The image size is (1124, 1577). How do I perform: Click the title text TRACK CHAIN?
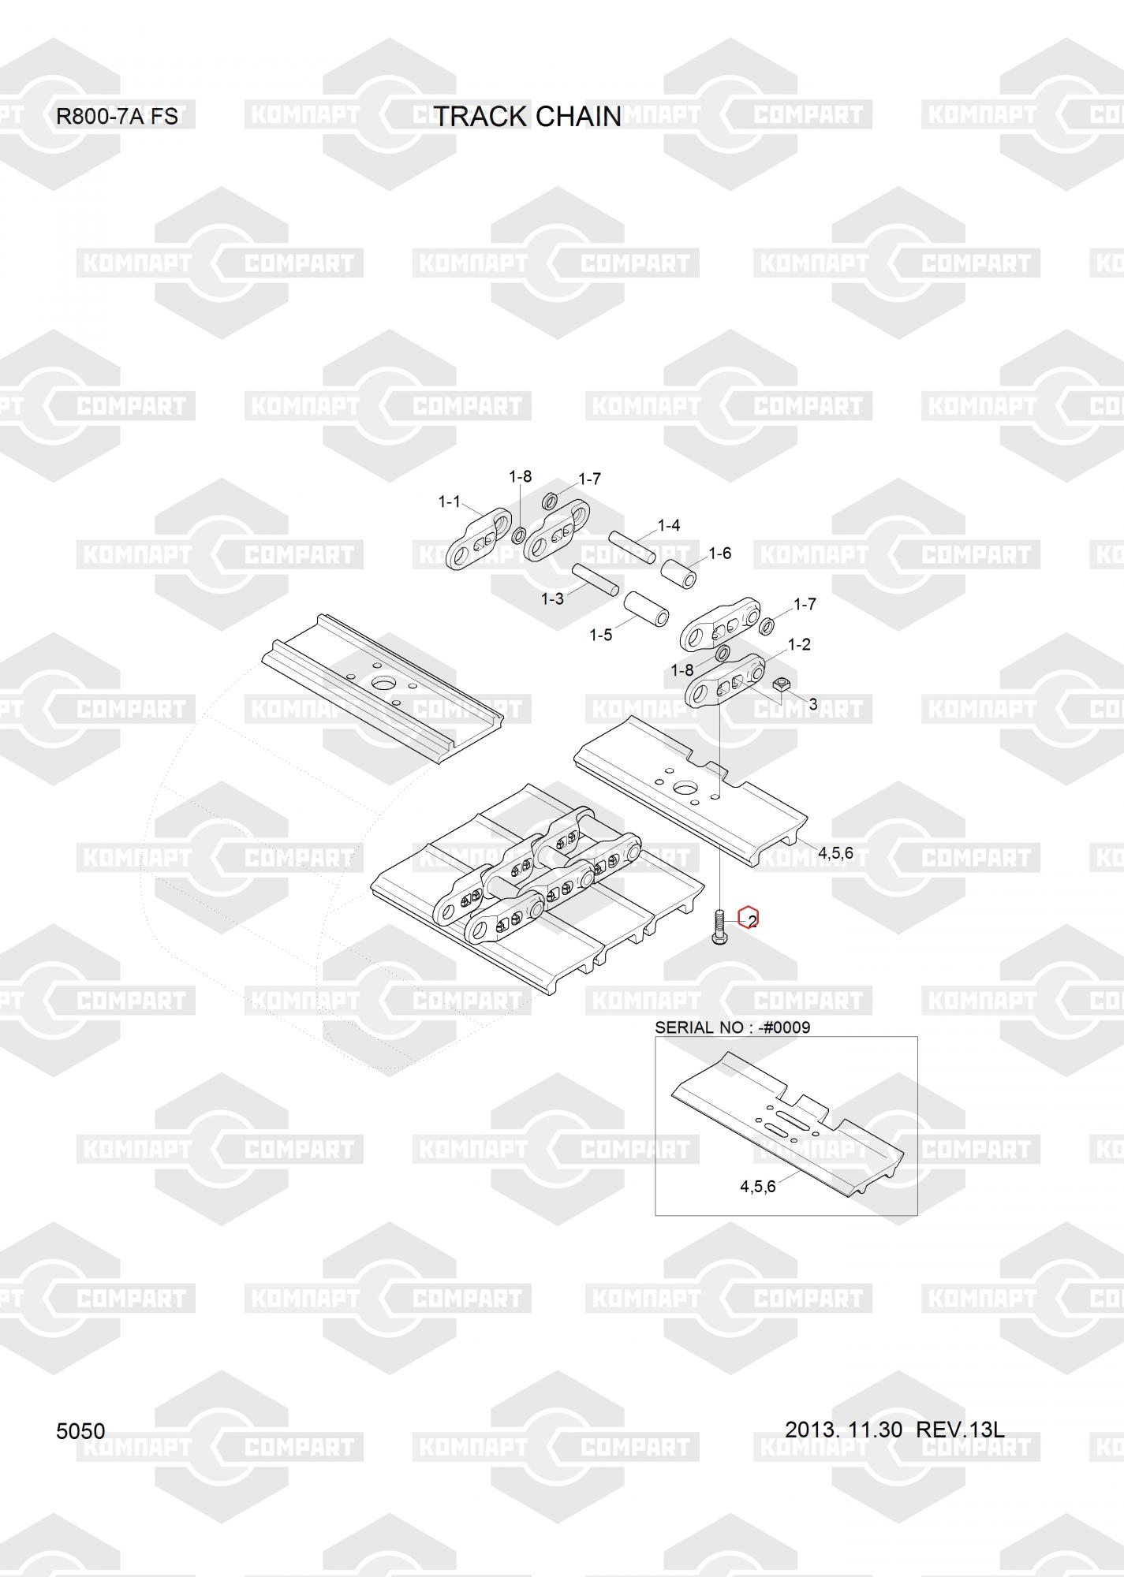528,117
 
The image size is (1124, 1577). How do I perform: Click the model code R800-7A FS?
117,117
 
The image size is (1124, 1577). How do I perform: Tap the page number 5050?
80,1431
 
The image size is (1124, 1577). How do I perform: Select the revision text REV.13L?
960,1429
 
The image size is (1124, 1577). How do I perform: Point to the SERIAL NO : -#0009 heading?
732,1027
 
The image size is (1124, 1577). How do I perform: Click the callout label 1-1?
449,501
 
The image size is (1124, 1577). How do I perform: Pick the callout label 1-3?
552,598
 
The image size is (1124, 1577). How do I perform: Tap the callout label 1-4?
669,525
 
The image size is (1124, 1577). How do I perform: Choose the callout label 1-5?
600,635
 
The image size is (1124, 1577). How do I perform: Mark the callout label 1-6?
719,554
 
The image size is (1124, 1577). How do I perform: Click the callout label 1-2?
799,644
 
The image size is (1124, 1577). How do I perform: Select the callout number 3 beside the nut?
813,704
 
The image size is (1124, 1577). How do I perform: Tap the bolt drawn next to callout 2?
719,928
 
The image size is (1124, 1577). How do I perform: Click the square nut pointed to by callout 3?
782,685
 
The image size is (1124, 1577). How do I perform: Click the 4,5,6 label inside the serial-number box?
757,1186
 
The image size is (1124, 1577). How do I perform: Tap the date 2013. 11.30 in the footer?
843,1429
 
